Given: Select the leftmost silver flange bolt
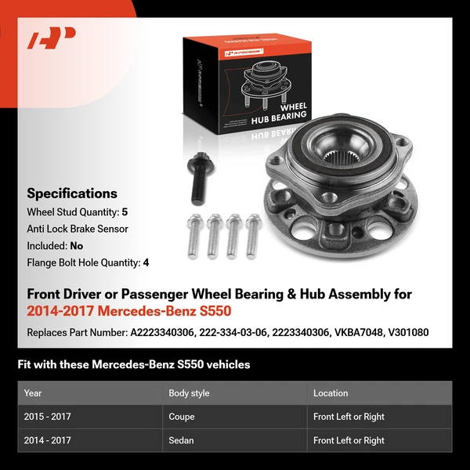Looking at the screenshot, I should point(193,236).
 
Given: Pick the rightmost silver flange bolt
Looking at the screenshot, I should point(251,235).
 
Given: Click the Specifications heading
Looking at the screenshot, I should point(71,193).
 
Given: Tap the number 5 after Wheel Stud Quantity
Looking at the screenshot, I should point(125,211).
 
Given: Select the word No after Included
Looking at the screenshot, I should point(76,246).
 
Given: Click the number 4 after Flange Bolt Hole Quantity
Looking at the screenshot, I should point(146,263).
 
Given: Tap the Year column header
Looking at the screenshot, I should point(33,393).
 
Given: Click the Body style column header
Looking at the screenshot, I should point(189,393).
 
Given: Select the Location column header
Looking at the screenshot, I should point(331,393).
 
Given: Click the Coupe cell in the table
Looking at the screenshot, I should point(182,417).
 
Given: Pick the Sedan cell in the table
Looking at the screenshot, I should point(181,440).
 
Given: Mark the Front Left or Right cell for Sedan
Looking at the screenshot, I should point(349,440).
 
